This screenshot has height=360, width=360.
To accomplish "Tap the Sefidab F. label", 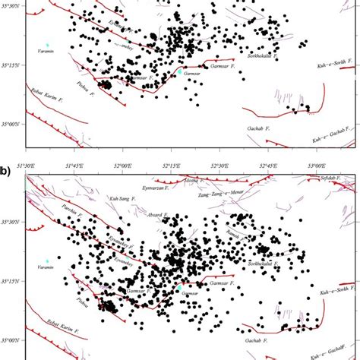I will (x=329, y=179).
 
